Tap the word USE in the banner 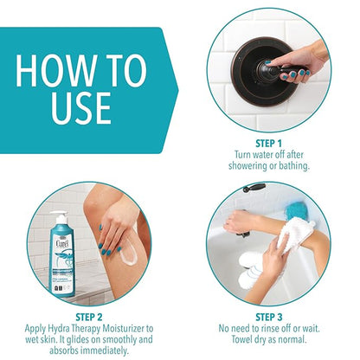click(81, 108)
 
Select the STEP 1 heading click(268, 144)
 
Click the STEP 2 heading click(89, 318)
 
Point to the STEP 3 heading click(269, 318)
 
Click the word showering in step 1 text click(247, 166)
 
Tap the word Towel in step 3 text click(241, 339)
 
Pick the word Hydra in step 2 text click(58, 329)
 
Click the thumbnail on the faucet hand click(268, 62)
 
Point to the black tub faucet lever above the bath click(254, 188)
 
